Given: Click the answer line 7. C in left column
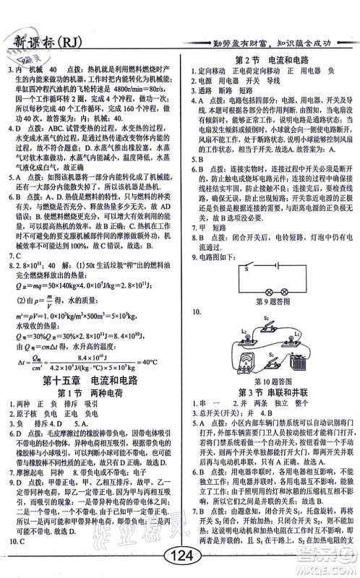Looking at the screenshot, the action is click(x=16, y=255).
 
